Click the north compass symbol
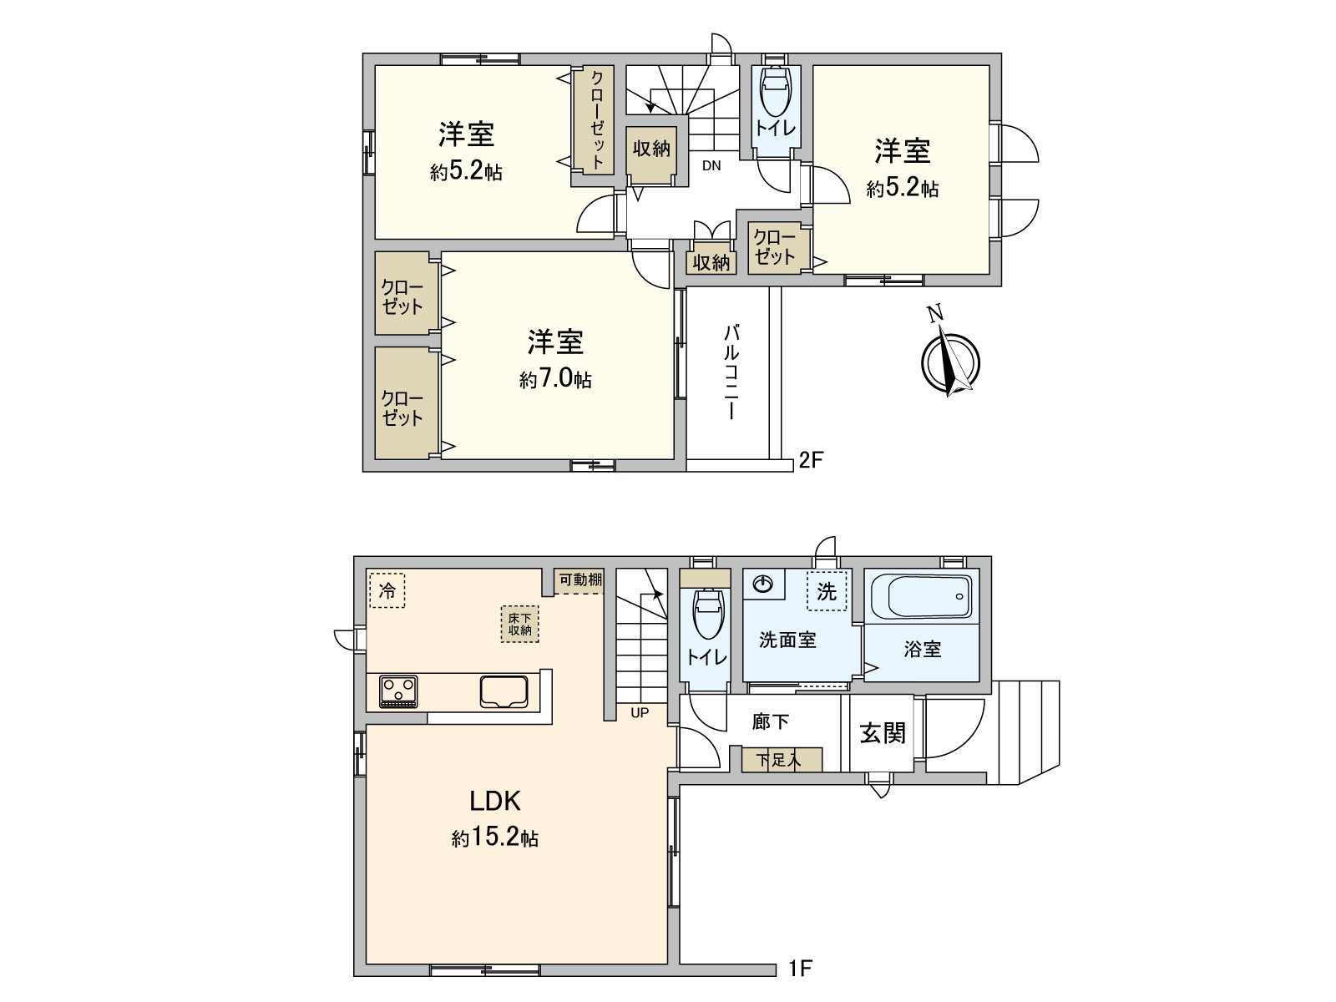949,361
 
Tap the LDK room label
495,802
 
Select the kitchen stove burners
398,691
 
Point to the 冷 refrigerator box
387,591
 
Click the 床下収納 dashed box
520,625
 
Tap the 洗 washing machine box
826,591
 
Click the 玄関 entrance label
882,733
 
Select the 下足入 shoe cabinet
781,760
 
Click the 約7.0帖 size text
555,380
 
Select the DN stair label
711,165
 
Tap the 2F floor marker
812,459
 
